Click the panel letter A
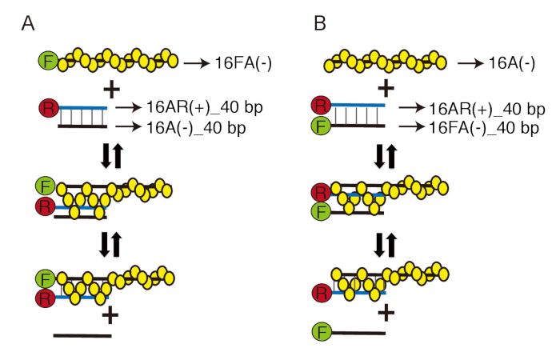[x=28, y=23]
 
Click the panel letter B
[x=320, y=23]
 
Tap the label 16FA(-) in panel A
[x=243, y=63]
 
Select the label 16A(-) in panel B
[x=511, y=63]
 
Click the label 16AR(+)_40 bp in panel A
[x=205, y=106]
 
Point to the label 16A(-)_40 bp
[x=196, y=127]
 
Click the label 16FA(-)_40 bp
[x=483, y=127]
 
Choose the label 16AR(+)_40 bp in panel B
[x=486, y=109]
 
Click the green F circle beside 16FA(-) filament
[x=48, y=61]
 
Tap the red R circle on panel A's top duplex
[x=49, y=108]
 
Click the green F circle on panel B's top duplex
[x=321, y=126]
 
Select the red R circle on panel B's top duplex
[x=321, y=106]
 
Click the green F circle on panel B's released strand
[x=322, y=332]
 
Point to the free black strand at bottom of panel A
[x=82, y=336]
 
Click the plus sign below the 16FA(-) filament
[x=112, y=90]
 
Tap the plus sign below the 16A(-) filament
[x=386, y=88]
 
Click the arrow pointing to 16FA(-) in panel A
[x=197, y=63]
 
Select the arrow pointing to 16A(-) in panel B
[x=470, y=63]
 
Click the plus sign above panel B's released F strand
[x=386, y=314]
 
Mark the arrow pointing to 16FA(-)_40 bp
[x=412, y=126]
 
